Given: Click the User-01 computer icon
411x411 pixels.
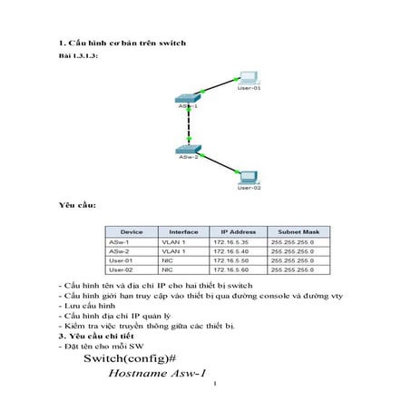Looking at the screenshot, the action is (x=247, y=78).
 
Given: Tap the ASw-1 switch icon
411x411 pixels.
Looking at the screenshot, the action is (x=190, y=96).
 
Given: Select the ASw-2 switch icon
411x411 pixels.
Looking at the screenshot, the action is (x=190, y=147).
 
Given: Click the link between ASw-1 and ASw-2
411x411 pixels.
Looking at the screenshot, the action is (x=190, y=122).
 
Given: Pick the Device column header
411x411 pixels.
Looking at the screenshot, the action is (x=132, y=232).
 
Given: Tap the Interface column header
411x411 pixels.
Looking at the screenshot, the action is (x=183, y=232).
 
